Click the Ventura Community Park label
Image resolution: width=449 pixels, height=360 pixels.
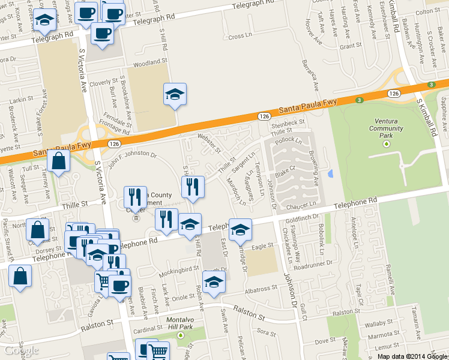(386, 128)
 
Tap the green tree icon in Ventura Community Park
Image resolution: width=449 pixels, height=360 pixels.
(386, 144)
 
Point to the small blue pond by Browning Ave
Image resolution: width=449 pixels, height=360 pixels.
(331, 174)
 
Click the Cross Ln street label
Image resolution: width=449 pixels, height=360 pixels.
(240, 37)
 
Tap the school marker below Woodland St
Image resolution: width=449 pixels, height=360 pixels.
(175, 95)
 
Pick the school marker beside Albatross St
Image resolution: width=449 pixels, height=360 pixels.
(214, 281)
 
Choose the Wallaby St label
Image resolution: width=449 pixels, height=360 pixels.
(379, 324)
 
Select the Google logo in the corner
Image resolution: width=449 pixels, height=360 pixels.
(22, 350)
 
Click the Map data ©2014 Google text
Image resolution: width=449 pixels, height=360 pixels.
(412, 356)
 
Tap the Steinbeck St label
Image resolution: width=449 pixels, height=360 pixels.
(289, 123)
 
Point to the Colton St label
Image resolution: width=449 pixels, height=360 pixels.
(427, 11)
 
